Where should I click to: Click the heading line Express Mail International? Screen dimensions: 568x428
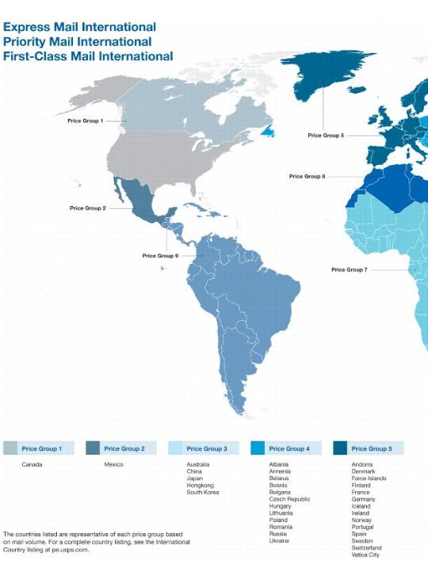click(79, 27)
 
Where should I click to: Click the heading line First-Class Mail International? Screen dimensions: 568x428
click(88, 56)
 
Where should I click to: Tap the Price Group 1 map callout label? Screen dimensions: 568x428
click(86, 120)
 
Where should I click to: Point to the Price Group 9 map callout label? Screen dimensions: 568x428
click(160, 256)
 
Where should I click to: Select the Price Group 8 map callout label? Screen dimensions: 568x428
click(307, 177)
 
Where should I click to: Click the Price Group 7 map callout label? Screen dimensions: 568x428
click(349, 269)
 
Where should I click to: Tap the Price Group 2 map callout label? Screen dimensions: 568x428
click(87, 208)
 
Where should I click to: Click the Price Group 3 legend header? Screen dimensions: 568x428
click(206, 448)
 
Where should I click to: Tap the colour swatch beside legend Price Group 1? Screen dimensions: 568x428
click(10, 448)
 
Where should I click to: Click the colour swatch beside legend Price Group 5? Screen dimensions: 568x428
click(340, 448)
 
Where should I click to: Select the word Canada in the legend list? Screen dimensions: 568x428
click(32, 464)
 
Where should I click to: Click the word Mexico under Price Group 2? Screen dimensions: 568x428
click(113, 464)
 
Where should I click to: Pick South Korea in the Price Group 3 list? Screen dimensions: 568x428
click(202, 492)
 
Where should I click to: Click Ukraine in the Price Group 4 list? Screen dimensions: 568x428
click(279, 540)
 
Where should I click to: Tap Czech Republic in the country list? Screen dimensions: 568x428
click(289, 499)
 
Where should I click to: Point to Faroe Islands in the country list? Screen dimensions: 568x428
click(369, 478)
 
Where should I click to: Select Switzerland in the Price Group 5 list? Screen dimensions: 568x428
click(366, 547)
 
